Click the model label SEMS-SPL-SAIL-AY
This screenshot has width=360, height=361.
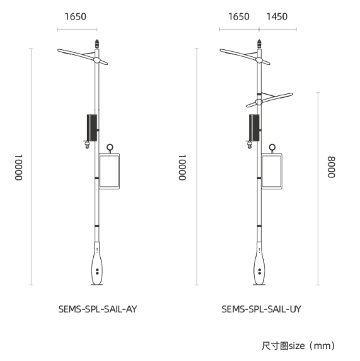pyautogui.click(x=98, y=309)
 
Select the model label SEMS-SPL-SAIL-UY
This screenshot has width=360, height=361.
pyautogui.click(x=261, y=309)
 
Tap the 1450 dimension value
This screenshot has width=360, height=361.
pyautogui.click(x=277, y=16)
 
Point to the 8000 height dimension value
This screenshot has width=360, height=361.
pyautogui.click(x=332, y=167)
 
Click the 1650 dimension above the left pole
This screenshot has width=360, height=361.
pyautogui.click(x=76, y=16)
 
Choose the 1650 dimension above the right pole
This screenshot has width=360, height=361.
pyautogui.click(x=239, y=16)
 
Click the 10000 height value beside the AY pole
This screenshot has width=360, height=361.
pyautogui.click(x=19, y=167)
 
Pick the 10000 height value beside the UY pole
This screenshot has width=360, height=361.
pyautogui.click(x=182, y=167)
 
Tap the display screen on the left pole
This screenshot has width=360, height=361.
pyautogui.click(x=109, y=171)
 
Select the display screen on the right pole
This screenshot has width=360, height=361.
pyautogui.click(x=272, y=171)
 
